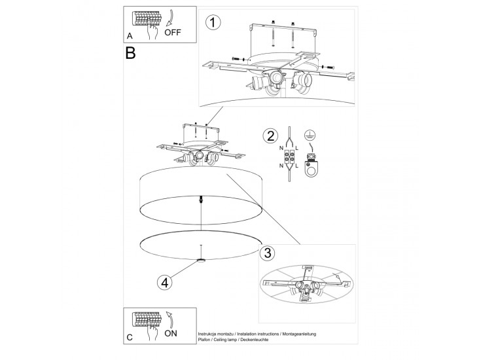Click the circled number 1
pos(213,23)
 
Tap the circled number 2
pos(270,136)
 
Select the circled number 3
pos(267,253)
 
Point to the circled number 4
pos(165,283)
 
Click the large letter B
pos(130,53)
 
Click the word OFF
pos(173,32)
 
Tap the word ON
pos(170,333)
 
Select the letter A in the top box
pos(130,36)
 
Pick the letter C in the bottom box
pos(130,337)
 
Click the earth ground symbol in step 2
pos(310,135)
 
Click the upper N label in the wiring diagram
pos(281,148)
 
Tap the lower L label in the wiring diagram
pos(296,166)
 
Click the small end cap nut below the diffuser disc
pos(201,261)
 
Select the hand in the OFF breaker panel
pos(152,31)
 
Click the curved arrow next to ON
pos(169,320)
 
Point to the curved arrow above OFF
pos(171,18)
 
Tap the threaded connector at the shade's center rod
pos(201,199)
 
